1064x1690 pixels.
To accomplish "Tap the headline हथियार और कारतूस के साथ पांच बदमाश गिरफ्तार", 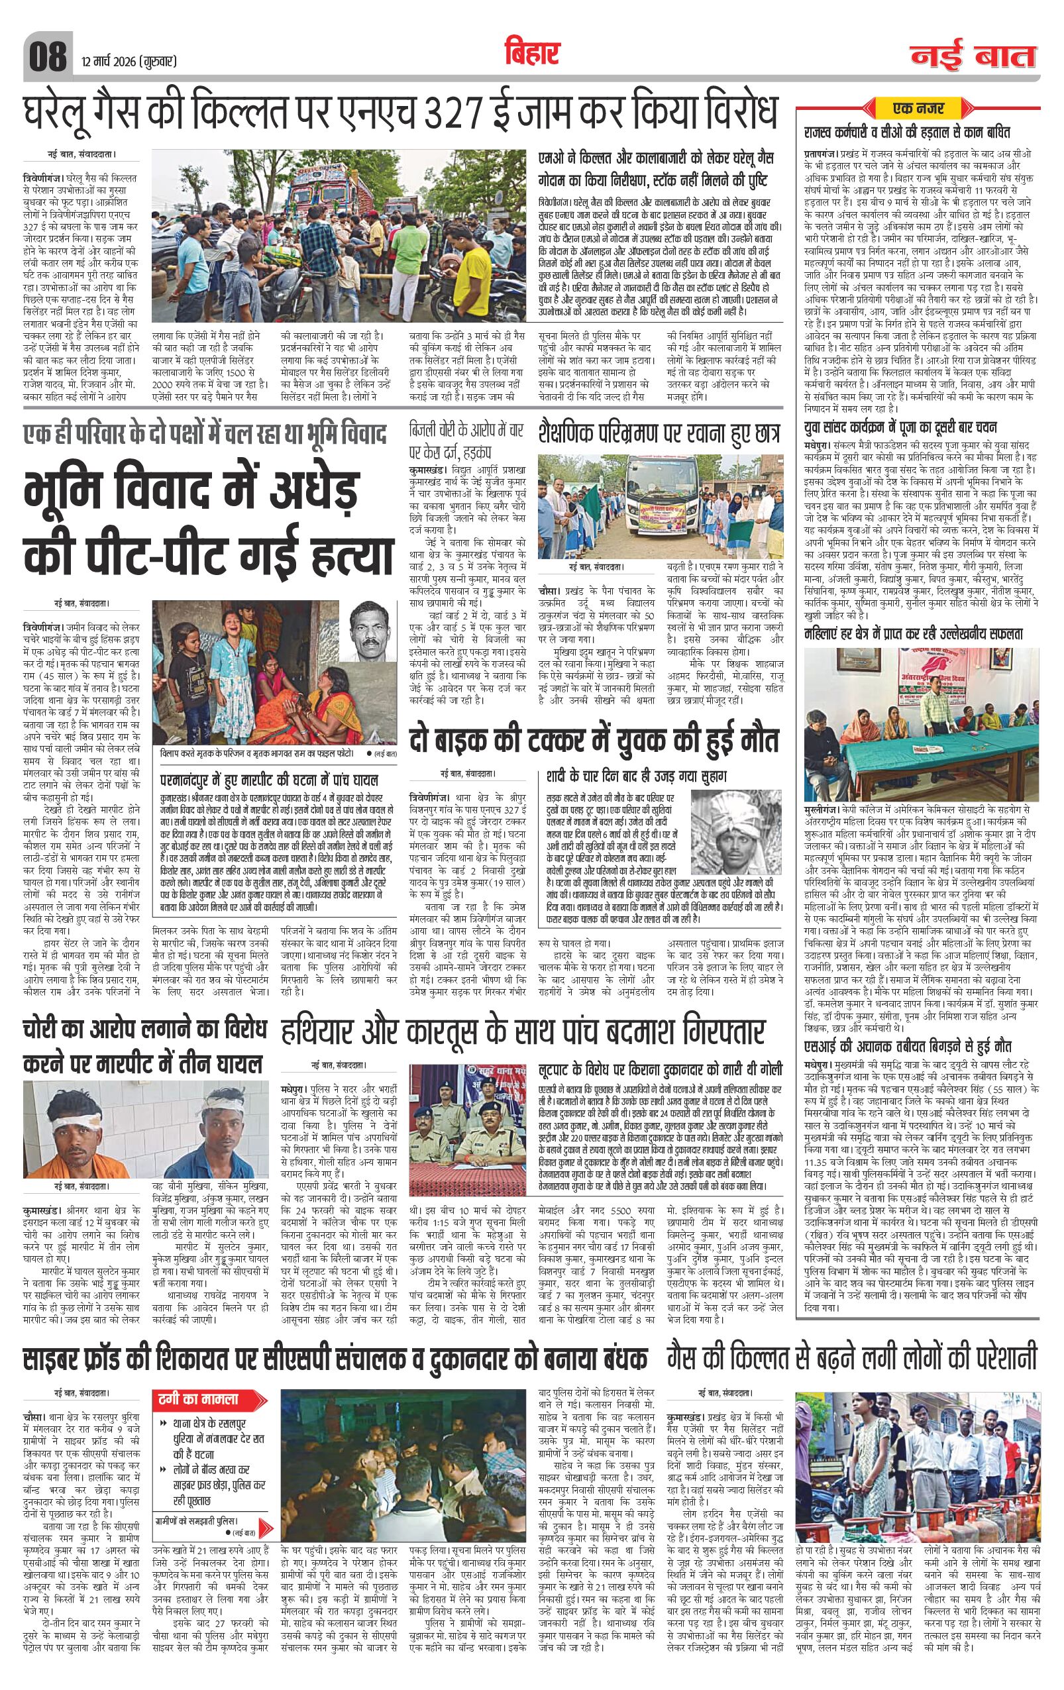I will point(523,1035).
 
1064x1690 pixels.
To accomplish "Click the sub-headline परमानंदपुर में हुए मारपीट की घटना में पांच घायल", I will point(270,779).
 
